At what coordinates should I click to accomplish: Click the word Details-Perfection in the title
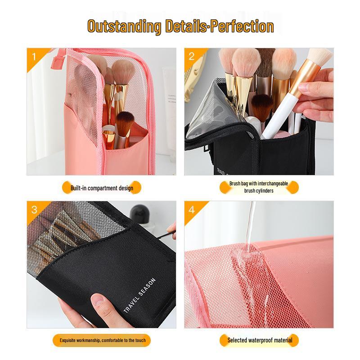coord(218,26)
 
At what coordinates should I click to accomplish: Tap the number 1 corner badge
coord(34,57)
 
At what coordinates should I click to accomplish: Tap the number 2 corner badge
coord(192,56)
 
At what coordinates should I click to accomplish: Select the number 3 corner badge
coord(34,210)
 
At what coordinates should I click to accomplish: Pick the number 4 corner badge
coord(192,210)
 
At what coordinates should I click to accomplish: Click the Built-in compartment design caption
coord(102,188)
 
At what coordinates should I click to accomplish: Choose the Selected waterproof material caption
coord(260,340)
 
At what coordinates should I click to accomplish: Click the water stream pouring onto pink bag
coord(250,225)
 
